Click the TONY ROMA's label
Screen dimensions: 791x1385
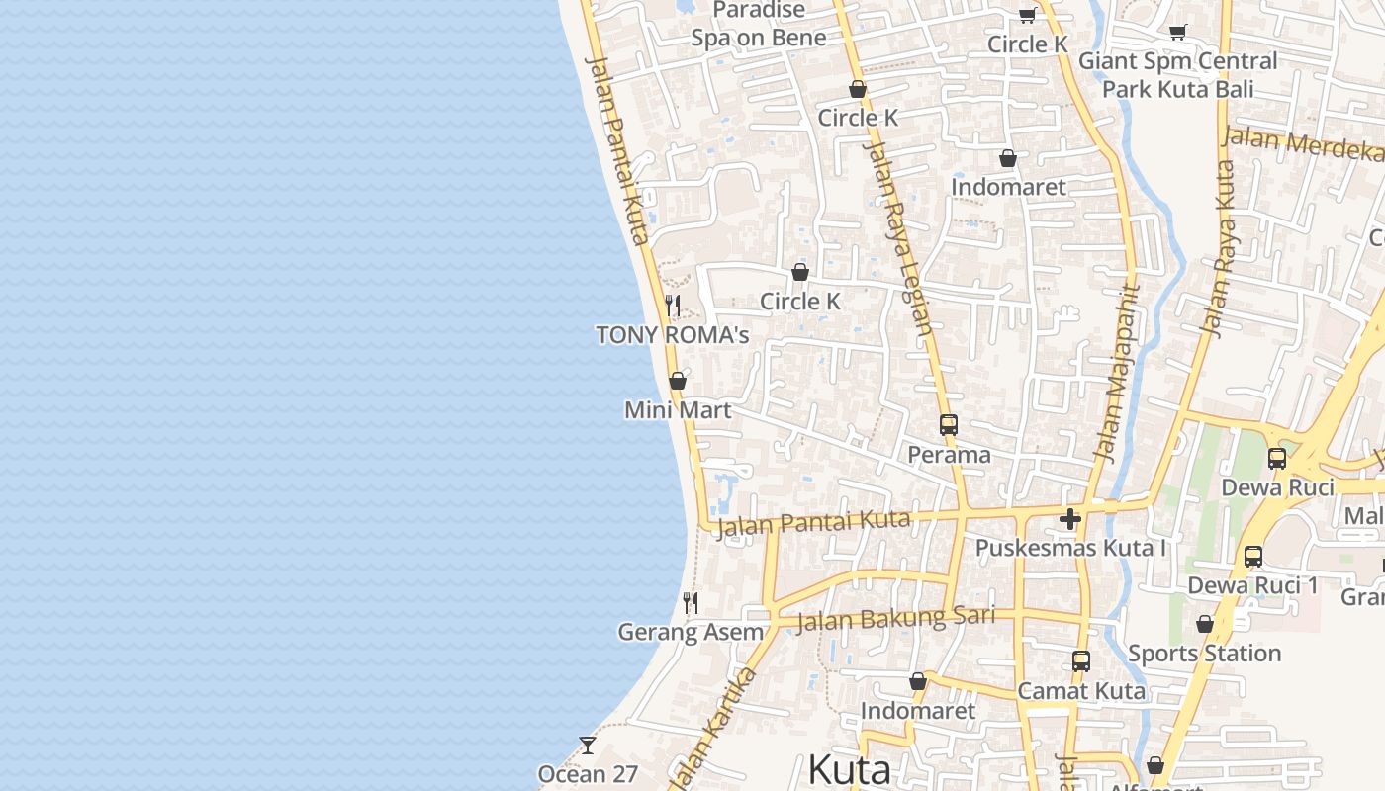click(673, 335)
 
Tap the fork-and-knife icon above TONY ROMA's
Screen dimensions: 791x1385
click(673, 305)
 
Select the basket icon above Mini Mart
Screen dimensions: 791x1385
click(678, 381)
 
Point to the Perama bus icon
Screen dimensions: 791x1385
click(949, 425)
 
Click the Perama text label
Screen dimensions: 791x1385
click(950, 455)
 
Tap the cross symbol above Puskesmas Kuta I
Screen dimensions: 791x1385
click(1069, 519)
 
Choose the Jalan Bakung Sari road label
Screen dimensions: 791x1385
click(895, 619)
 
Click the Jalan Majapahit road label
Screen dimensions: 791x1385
click(1117, 374)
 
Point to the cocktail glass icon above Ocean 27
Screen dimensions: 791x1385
click(588, 745)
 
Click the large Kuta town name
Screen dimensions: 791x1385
click(849, 769)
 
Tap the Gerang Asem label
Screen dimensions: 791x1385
click(691, 632)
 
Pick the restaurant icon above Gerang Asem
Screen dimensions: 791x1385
click(691, 602)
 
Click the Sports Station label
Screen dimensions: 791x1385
click(1204, 654)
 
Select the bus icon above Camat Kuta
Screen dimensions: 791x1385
click(1081, 661)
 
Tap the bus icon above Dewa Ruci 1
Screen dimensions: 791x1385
click(1253, 557)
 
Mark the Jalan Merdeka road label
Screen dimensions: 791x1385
click(1303, 143)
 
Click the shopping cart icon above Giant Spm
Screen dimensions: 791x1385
click(1177, 32)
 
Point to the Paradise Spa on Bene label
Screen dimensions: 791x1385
click(759, 25)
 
